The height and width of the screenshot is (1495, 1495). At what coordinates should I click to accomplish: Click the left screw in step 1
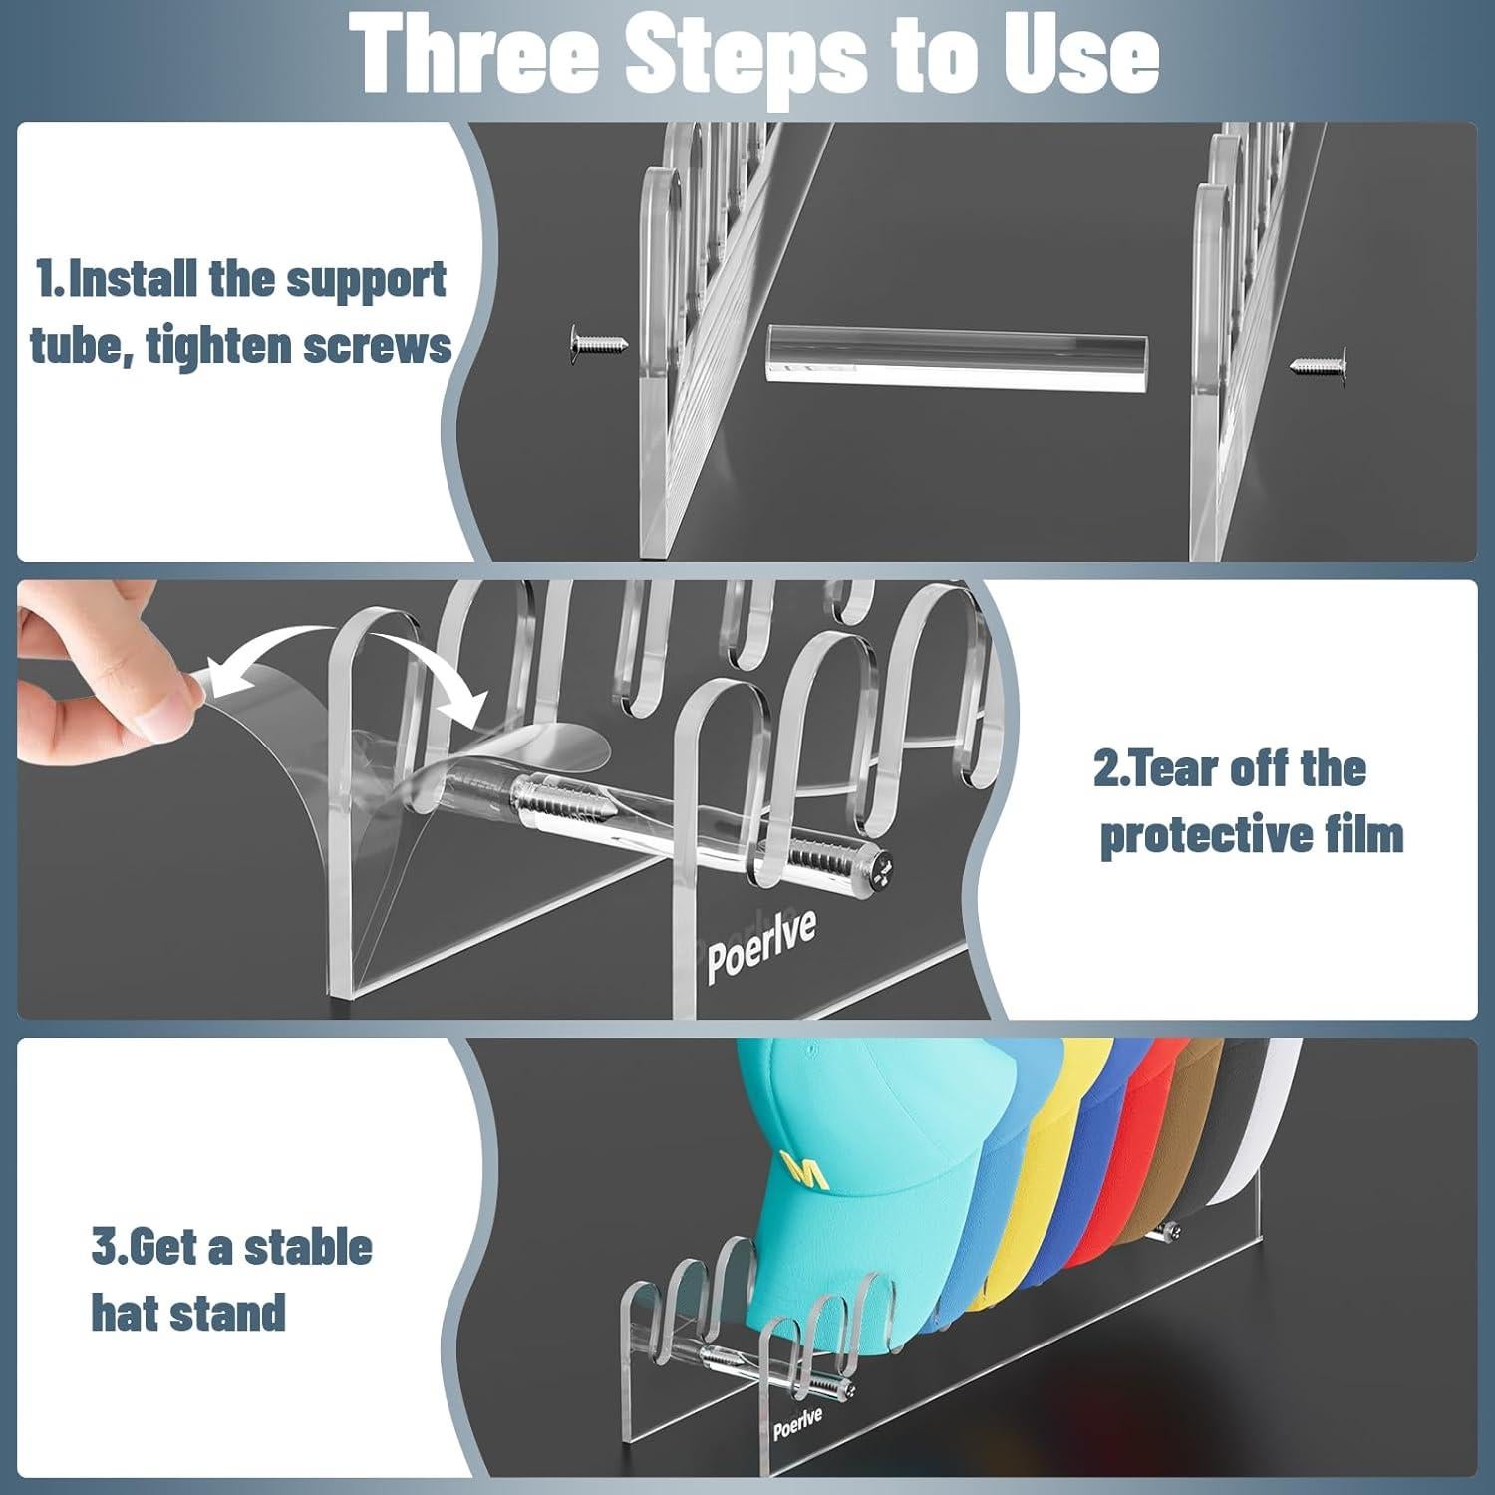[x=599, y=345]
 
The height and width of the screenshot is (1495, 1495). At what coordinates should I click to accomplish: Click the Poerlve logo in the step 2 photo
[x=761, y=943]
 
